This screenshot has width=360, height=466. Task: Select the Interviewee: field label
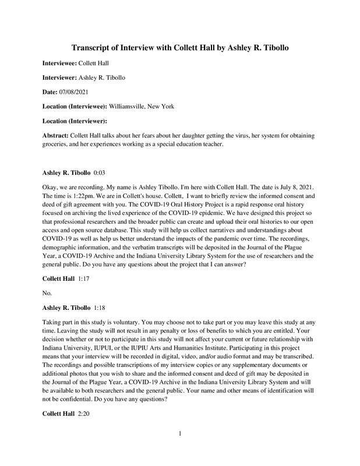point(60,62)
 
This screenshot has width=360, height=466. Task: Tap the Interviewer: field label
point(59,77)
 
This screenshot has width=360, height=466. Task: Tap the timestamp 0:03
point(100,173)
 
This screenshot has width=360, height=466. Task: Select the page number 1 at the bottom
point(180,449)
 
